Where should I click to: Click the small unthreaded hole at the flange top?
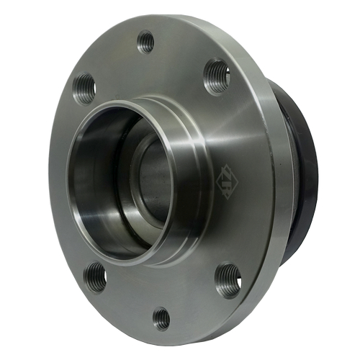pos(146,41)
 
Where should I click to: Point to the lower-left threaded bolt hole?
pos(96,276)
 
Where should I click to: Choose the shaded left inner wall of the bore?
pos(90,180)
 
